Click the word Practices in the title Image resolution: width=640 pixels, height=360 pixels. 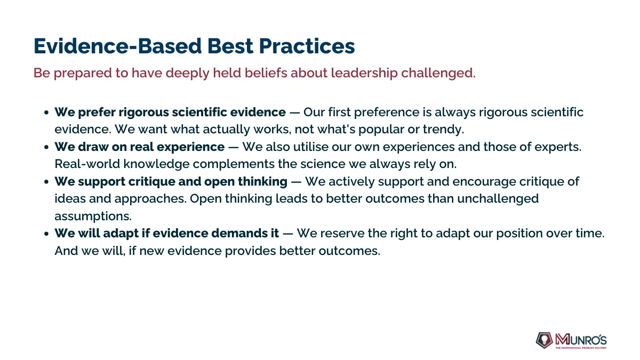coord(307,46)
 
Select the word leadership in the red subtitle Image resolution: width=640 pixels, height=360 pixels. coord(364,73)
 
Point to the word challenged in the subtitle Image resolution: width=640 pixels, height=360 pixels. coord(438,73)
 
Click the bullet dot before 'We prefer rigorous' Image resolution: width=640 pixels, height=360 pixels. coord(46,113)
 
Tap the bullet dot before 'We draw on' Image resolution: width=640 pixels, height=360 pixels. coord(46,147)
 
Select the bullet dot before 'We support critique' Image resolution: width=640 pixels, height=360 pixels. coord(46,182)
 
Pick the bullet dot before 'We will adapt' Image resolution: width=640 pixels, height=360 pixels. coord(46,234)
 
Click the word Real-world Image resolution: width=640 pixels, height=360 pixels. coord(87,164)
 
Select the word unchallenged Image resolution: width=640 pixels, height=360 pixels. coord(498,199)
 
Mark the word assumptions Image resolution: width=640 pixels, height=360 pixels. coord(93,217)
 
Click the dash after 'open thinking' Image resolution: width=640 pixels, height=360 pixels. coord(296,182)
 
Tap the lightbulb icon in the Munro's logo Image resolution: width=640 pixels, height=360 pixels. coord(544,340)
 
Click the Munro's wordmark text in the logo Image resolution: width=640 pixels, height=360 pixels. coord(581,340)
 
